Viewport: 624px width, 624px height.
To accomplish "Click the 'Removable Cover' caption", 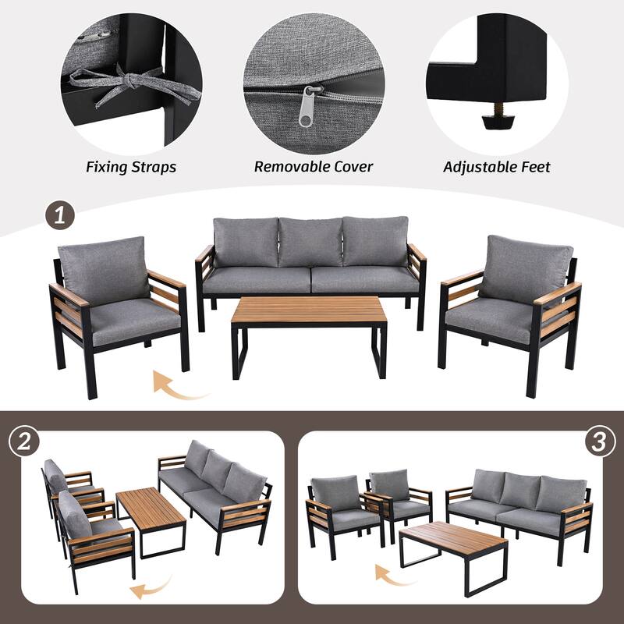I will click(314, 167).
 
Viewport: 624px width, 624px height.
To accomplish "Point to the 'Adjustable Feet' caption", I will click(497, 167).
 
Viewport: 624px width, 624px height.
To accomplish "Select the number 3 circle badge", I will click(598, 441).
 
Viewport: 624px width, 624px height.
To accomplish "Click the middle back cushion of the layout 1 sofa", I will click(310, 243).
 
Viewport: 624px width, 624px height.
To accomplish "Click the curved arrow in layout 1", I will click(178, 385).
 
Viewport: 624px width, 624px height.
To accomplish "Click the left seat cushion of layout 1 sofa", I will click(257, 279).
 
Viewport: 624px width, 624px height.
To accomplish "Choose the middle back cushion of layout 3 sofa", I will click(519, 490).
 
